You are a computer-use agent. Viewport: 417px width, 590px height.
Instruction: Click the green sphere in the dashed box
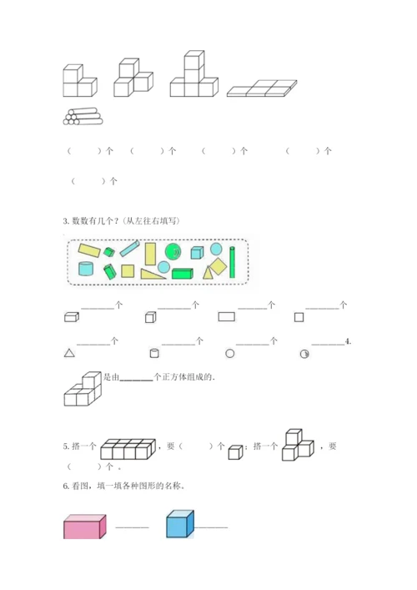(x=173, y=252)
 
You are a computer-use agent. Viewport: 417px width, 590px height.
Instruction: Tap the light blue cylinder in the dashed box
(x=86, y=268)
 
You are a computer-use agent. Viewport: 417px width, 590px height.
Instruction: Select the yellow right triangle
(x=153, y=274)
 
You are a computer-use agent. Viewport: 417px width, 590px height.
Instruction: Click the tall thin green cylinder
(x=232, y=262)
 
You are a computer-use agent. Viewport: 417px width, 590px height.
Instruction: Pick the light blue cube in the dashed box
(x=197, y=253)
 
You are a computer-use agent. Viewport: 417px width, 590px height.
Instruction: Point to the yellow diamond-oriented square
(x=218, y=266)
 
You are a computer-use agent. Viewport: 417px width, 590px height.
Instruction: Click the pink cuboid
(x=84, y=527)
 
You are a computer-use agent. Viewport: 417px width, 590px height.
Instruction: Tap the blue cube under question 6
(x=180, y=523)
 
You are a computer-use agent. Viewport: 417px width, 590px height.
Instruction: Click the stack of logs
(x=83, y=117)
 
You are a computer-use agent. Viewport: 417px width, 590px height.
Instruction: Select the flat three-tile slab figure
(x=262, y=88)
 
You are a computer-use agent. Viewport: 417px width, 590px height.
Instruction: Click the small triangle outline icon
(x=69, y=353)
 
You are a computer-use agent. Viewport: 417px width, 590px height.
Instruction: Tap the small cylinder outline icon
(x=154, y=353)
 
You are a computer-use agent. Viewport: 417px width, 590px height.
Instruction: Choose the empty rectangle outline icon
(x=226, y=316)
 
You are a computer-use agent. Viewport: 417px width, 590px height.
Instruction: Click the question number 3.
(x=66, y=221)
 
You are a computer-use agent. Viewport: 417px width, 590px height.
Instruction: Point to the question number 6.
(x=66, y=486)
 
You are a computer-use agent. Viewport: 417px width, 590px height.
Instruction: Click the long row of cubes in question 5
(x=128, y=449)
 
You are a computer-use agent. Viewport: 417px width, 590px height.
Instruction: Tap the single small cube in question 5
(x=235, y=452)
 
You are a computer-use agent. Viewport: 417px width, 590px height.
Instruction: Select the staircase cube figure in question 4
(x=83, y=389)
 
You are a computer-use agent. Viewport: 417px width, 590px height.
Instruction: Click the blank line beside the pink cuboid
(x=132, y=527)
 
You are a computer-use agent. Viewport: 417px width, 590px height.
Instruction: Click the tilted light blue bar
(x=130, y=249)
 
